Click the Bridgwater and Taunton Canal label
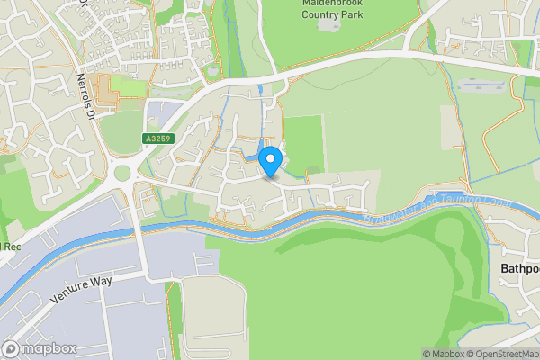coord(438,212)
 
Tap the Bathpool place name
coord(519,268)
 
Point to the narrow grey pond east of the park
coord(487,84)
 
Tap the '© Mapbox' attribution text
coord(440,354)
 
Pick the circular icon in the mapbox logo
coord(11,347)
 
